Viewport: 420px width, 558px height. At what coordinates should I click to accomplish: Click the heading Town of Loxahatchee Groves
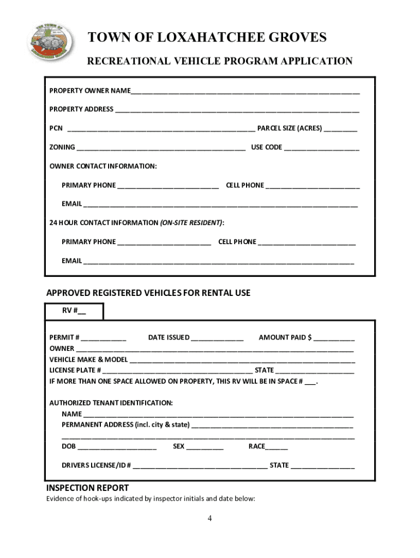coord(207,37)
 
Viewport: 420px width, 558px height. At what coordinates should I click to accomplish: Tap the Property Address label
coord(81,109)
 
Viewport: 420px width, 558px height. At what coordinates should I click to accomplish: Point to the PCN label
coord(56,129)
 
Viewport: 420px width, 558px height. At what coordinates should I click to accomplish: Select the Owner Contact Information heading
coord(103,166)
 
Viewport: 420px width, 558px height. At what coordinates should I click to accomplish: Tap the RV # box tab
coord(74,311)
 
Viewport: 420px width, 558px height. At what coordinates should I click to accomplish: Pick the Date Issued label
coord(169,337)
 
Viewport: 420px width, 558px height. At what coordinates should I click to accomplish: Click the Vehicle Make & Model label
coord(88,359)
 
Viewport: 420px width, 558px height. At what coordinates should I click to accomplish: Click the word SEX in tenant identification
coord(178,446)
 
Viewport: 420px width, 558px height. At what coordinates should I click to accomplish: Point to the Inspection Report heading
coord(87,488)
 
